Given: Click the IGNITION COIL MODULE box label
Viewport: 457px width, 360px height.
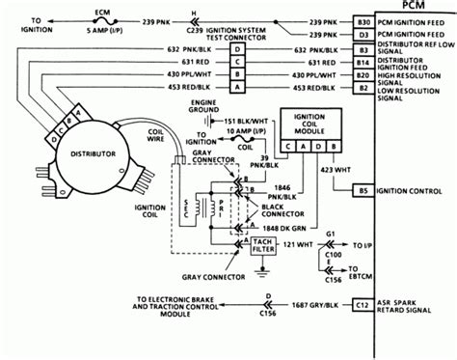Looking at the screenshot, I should (308, 125).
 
